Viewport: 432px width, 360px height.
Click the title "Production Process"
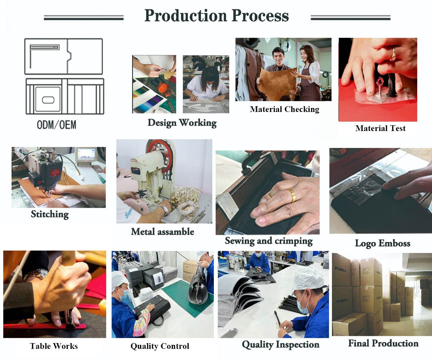[216, 15]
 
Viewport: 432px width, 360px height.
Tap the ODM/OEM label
[57, 125]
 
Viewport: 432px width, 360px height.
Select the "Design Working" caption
[182, 123]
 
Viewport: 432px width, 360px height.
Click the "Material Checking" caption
[284, 109]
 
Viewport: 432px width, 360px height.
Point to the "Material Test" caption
[381, 128]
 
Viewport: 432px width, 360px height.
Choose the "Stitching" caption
[50, 214]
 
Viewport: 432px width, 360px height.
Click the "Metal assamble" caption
[163, 231]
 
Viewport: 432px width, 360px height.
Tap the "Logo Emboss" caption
[383, 243]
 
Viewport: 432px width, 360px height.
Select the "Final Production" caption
[383, 343]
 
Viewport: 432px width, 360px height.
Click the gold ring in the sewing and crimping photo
[293, 195]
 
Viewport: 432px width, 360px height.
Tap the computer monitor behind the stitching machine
[86, 156]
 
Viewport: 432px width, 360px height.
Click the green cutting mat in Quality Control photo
[187, 297]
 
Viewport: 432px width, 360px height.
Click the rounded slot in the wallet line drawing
[48, 100]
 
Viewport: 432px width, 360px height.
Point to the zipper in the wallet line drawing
[45, 48]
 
